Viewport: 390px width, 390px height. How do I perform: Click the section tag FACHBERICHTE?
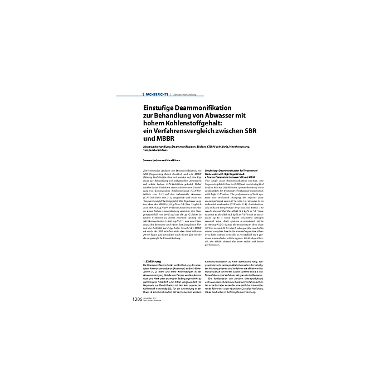(x=157, y=95)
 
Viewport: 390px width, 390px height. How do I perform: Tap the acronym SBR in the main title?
(x=259, y=131)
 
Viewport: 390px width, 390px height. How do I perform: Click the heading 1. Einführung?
(x=152, y=261)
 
